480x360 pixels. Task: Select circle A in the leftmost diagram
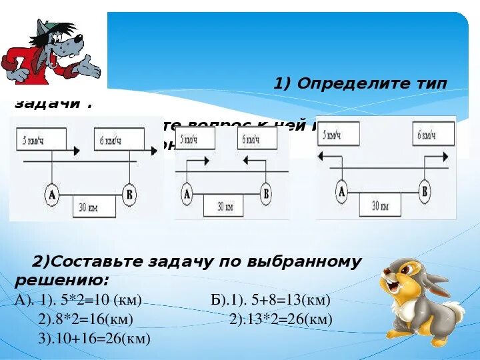coord(52,195)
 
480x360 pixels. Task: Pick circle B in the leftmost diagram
coord(129,195)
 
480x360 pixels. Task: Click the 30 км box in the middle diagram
coord(225,206)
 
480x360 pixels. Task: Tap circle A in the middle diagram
coord(187,194)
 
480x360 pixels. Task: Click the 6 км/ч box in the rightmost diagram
coord(426,135)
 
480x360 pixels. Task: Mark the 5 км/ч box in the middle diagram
coord(198,138)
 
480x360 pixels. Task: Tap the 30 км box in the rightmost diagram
coord(380,205)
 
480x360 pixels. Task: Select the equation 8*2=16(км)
coord(93,319)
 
